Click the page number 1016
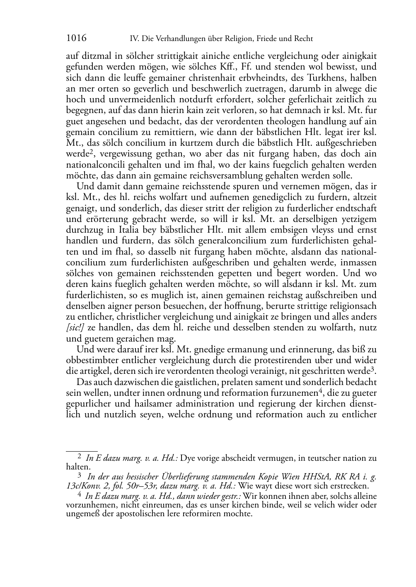76,38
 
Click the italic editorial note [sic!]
75,327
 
